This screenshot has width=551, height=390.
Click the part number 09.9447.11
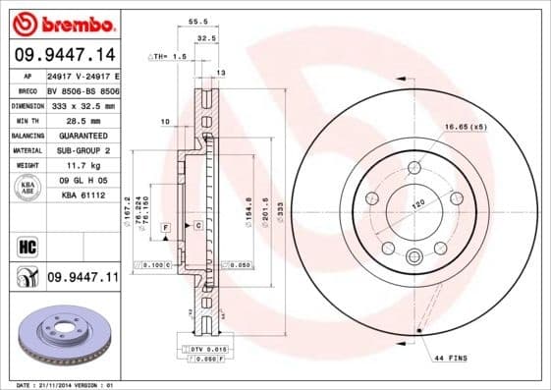point(83,278)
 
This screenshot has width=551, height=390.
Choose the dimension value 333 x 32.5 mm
point(82,104)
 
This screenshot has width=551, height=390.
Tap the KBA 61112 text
point(83,195)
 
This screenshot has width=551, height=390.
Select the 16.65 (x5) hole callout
point(465,128)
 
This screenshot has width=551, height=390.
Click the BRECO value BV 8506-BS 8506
point(83,88)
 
